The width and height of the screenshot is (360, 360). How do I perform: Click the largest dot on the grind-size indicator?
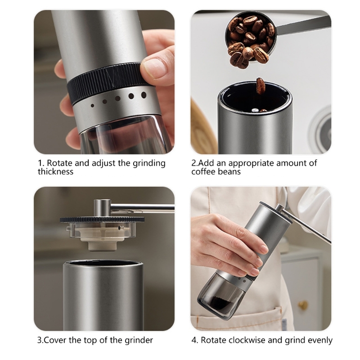click(144, 95)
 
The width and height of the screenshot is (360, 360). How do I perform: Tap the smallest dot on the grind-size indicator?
click(93, 106)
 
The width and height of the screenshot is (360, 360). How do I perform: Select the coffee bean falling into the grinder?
click(261, 86)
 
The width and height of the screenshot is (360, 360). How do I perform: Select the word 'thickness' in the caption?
click(55, 172)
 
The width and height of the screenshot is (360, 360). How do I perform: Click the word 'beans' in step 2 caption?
click(230, 172)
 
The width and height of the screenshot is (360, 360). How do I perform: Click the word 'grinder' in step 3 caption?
click(139, 341)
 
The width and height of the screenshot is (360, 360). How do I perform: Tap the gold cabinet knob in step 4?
click(303, 305)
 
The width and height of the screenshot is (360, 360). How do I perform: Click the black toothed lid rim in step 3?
click(102, 220)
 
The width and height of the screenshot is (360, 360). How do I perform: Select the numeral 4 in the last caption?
click(194, 340)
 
